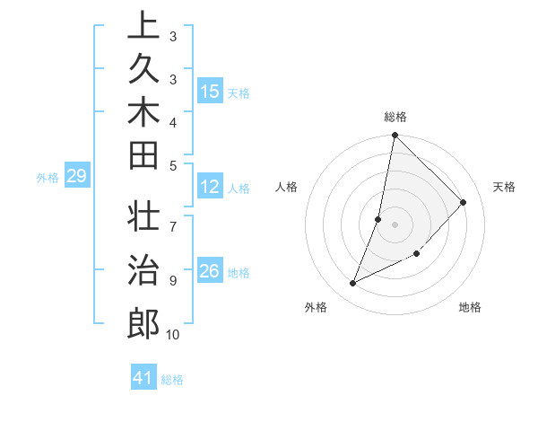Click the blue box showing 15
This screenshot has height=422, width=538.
click(x=210, y=92)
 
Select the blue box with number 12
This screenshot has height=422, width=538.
click(x=210, y=187)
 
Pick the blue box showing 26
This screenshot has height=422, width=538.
click(x=210, y=271)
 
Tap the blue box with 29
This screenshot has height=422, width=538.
click(x=77, y=176)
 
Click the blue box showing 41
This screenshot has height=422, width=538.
click(x=143, y=378)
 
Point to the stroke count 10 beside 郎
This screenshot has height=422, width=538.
click(x=172, y=335)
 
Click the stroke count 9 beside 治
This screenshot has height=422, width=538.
click(x=172, y=280)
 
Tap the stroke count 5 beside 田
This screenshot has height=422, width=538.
click(x=172, y=164)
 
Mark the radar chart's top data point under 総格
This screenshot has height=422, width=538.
click(x=395, y=136)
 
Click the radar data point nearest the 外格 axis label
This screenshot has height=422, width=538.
click(x=353, y=284)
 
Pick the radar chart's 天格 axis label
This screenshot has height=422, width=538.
click(x=504, y=187)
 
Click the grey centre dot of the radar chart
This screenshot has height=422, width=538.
click(x=395, y=224)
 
